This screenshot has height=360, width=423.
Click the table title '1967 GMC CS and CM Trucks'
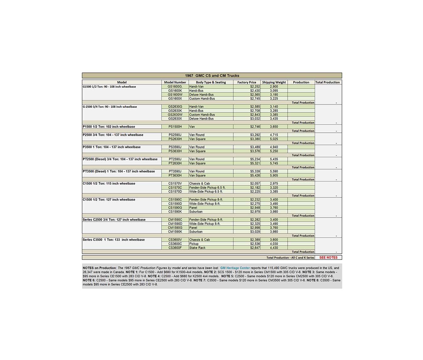point(212,75)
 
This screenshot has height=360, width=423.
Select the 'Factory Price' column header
point(247,82)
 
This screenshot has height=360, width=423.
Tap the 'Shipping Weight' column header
point(274,82)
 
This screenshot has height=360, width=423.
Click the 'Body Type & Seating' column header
point(211,82)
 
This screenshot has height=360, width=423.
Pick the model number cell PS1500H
point(175,127)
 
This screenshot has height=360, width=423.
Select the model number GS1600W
point(175,95)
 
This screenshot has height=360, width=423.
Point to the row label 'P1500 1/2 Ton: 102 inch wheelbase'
point(109,127)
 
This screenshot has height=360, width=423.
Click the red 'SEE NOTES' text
point(328,258)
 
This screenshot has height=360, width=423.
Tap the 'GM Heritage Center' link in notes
point(235,268)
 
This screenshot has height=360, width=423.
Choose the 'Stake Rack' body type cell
point(197,248)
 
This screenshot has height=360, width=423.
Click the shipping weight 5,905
point(274,175)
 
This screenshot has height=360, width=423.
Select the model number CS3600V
point(175,240)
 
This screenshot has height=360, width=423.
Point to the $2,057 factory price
point(255,183)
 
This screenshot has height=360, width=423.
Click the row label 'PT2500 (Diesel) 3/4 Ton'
point(120,159)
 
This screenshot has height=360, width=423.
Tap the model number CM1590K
point(175,232)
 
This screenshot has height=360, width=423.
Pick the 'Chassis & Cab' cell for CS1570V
point(199,183)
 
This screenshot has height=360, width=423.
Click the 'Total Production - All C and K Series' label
point(290,258)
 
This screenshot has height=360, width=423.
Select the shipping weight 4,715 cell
point(274,135)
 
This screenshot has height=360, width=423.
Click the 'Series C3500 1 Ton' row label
point(113,240)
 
